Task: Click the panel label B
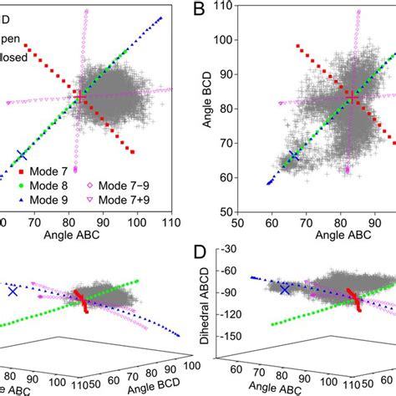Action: click(x=199, y=12)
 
